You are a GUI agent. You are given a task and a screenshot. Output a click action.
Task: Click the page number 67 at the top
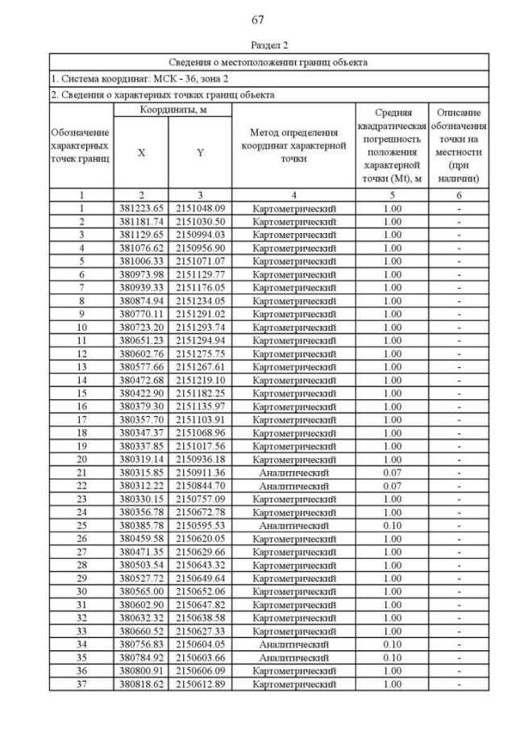point(258,19)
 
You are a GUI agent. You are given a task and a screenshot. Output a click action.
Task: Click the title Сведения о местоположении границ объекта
point(268,61)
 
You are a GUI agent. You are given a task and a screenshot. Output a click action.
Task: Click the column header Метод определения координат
point(293,145)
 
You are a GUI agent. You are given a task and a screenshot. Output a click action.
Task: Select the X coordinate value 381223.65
point(141,208)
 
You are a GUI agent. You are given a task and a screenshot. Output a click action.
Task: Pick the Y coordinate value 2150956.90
point(200,248)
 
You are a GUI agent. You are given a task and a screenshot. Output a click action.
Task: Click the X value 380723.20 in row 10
point(141,327)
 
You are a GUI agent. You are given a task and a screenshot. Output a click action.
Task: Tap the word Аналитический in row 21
point(293,473)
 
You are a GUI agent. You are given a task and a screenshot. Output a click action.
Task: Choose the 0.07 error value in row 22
point(393,486)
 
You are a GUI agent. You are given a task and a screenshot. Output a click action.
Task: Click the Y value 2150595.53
point(200,526)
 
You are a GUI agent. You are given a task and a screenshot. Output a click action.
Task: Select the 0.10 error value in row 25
point(393,526)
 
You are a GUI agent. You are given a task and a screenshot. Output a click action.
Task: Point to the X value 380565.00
point(141,592)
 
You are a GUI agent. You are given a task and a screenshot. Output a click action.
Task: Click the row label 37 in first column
point(81,685)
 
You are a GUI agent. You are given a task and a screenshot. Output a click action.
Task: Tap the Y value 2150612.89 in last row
point(200,685)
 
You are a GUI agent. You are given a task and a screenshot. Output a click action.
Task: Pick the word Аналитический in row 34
point(293,645)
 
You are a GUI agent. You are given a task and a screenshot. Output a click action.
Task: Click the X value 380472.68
point(141,380)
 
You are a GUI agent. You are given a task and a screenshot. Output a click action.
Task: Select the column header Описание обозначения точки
point(459,145)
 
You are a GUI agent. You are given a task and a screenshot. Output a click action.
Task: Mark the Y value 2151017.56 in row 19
point(200,446)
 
